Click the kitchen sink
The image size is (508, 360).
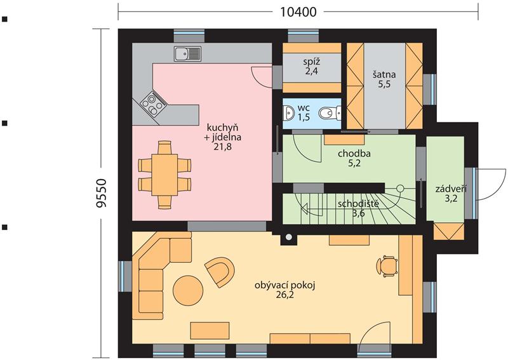(187, 54)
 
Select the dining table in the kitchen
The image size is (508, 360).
(164, 175)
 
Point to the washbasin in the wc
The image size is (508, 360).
(288, 113)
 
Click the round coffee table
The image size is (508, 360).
(188, 290)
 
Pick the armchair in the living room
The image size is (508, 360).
(220, 272)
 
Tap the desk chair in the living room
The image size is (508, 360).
(387, 267)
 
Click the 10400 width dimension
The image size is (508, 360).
(298, 12)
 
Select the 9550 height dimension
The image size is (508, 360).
(102, 193)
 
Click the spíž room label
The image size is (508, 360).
(311, 62)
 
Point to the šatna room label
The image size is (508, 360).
(384, 74)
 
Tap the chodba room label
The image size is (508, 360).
(354, 153)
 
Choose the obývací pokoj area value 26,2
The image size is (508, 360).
(285, 295)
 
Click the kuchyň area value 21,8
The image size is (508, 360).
(223, 147)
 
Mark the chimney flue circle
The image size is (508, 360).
(288, 237)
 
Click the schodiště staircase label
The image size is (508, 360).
(358, 204)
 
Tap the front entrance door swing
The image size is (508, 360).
(490, 184)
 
